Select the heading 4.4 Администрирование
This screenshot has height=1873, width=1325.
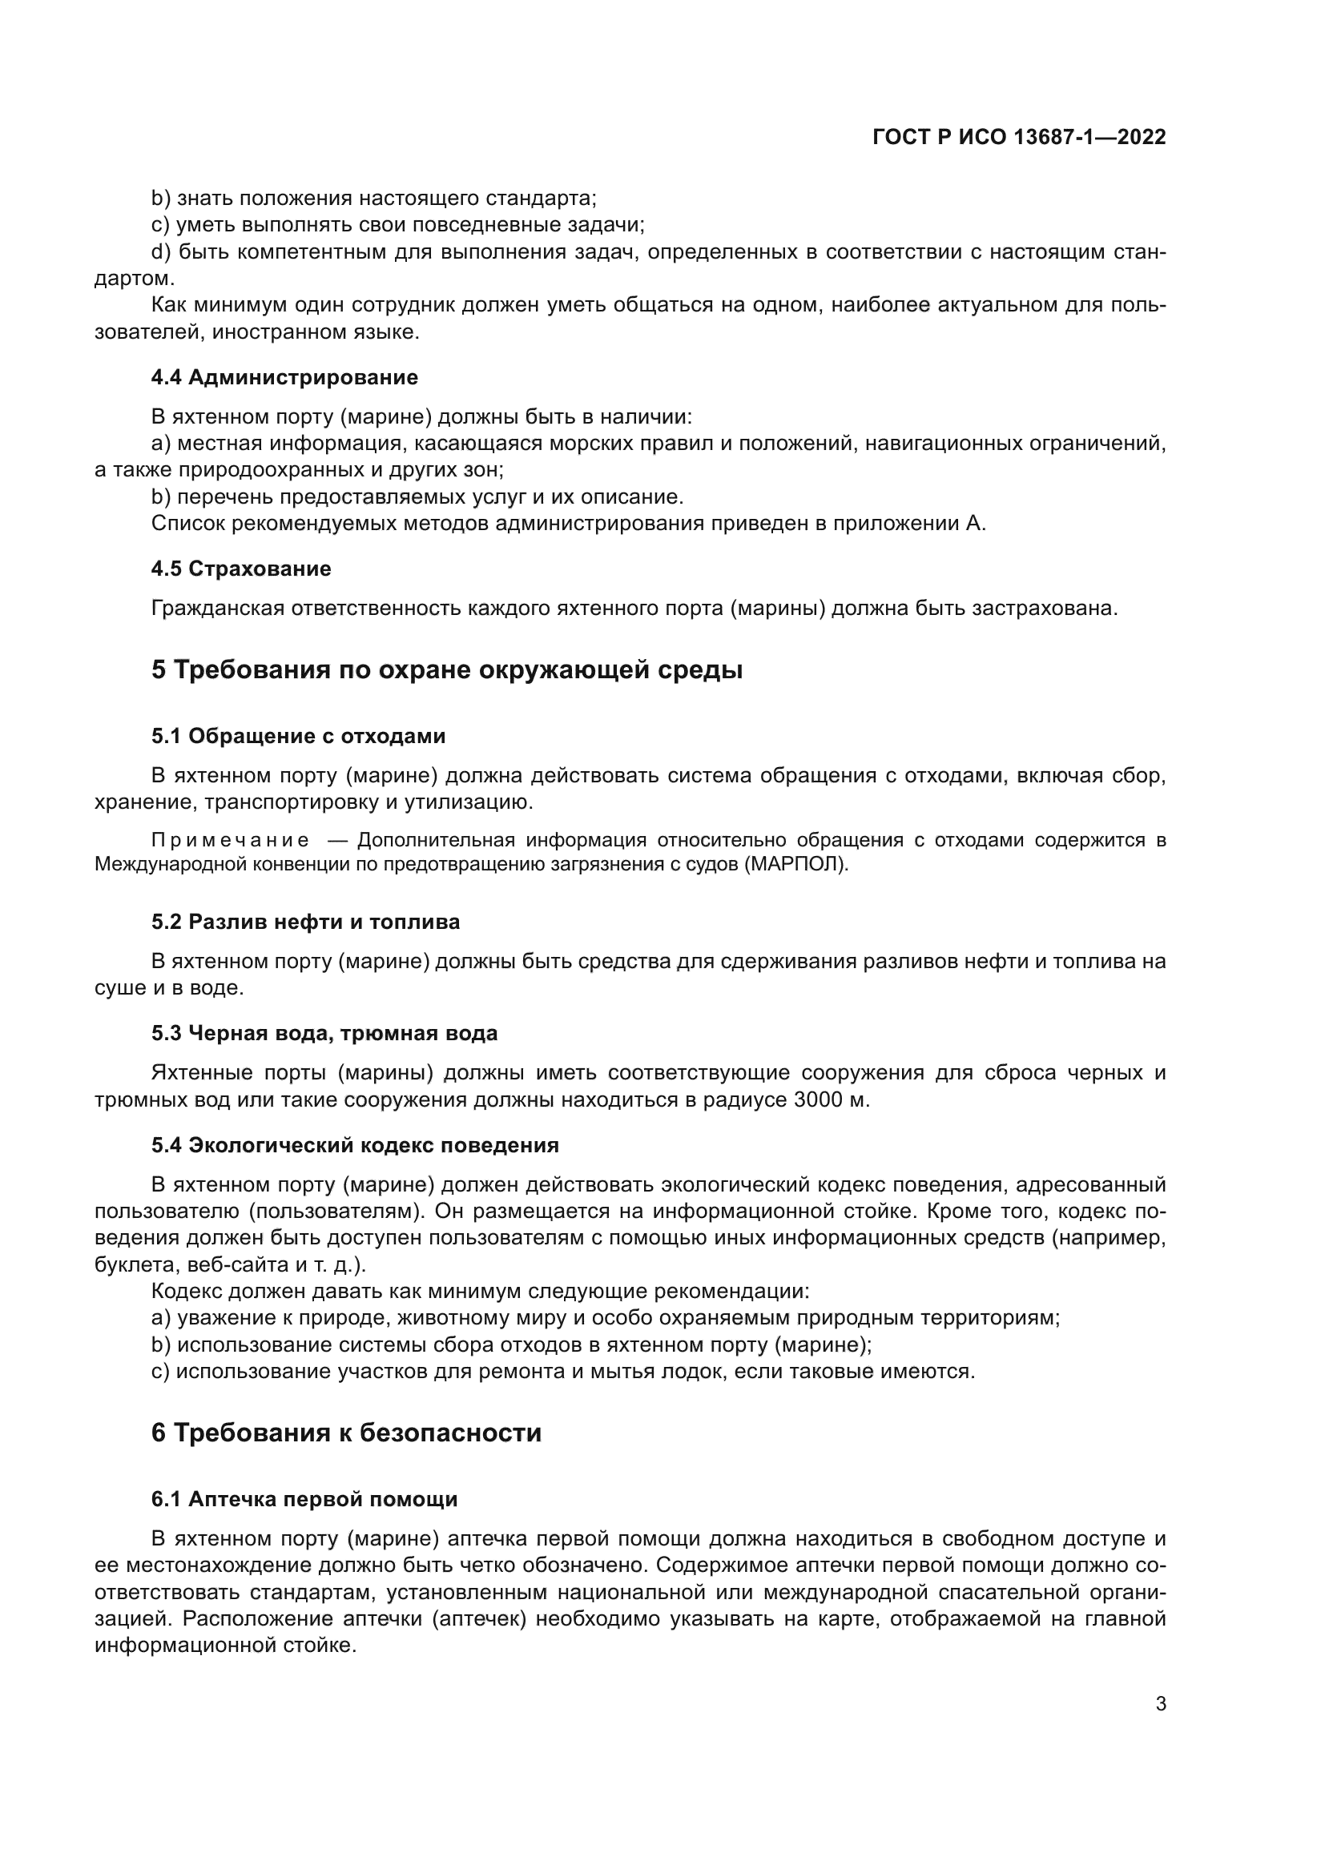tap(284, 377)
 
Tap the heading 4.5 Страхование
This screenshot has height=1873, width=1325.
tap(240, 569)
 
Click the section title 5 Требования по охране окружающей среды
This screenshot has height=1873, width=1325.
tap(446, 670)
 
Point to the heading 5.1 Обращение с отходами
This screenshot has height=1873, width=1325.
tap(298, 736)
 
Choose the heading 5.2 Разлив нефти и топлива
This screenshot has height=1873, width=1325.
tap(305, 922)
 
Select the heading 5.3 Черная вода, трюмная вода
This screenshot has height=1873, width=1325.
tap(324, 1033)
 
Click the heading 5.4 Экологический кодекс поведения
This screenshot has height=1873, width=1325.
tap(354, 1144)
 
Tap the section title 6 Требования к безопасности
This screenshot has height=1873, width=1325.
tap(346, 1433)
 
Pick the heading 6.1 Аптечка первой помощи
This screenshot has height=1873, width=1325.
tap(304, 1498)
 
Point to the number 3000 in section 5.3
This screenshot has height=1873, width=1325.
tap(818, 1099)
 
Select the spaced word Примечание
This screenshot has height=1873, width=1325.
tap(230, 840)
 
